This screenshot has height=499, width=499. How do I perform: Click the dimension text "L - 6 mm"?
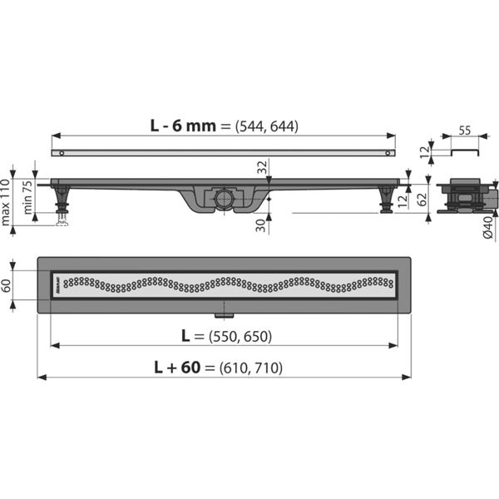[x=184, y=126]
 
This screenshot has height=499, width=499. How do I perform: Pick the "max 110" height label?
[x=7, y=202]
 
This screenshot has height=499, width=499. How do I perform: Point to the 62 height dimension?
[x=422, y=197]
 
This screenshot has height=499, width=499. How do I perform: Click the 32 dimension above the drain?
[x=263, y=167]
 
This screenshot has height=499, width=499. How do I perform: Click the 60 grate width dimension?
[x=7, y=285]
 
